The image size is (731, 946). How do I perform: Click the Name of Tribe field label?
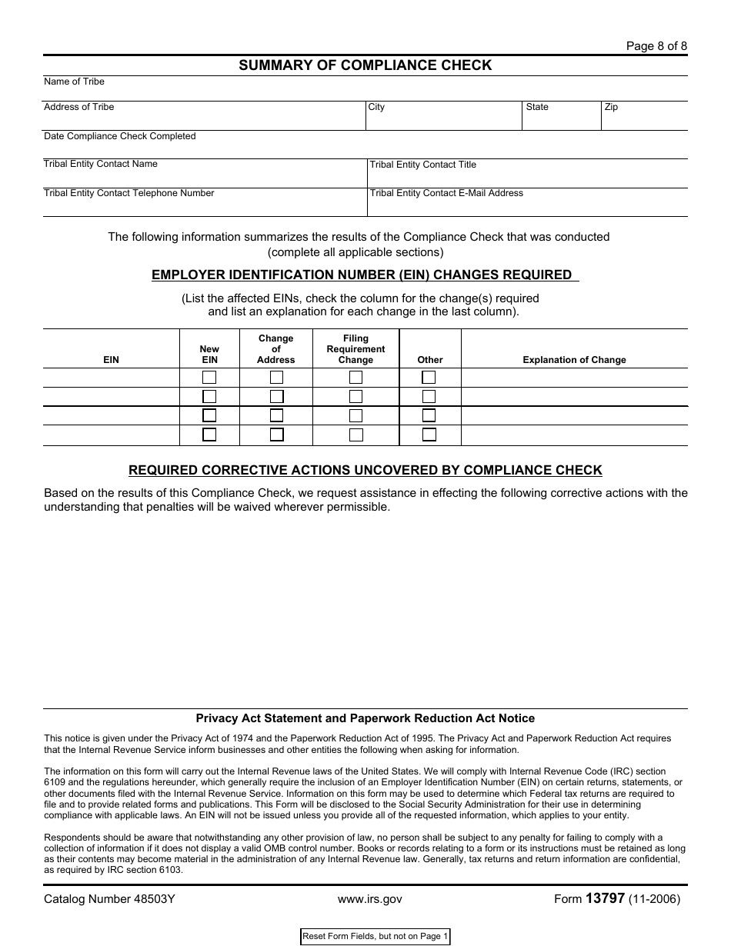[x=74, y=82]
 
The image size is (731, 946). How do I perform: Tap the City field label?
[x=376, y=107]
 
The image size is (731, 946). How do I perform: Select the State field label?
[x=537, y=107]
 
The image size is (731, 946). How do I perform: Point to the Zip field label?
[x=611, y=107]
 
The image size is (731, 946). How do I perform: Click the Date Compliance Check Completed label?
[x=119, y=136]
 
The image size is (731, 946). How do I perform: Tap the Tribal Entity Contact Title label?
[x=422, y=165]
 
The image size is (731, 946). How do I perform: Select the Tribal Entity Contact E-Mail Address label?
[x=446, y=193]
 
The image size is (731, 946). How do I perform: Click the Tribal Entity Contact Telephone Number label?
[x=129, y=193]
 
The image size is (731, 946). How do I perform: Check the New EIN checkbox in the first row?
[x=209, y=378]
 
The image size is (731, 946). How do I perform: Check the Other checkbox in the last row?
[x=429, y=435]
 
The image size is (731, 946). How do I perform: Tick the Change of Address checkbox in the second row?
[x=276, y=397]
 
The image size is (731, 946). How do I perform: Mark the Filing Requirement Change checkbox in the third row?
[x=355, y=415]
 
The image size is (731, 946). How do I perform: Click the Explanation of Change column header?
[x=574, y=360]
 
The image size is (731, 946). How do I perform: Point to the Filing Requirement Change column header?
[x=355, y=349]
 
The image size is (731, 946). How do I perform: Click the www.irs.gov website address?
[x=369, y=898]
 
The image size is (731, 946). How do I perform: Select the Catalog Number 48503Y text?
[x=109, y=898]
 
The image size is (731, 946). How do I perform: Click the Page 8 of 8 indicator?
[x=656, y=46]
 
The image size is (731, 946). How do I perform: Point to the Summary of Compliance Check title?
[x=365, y=65]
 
